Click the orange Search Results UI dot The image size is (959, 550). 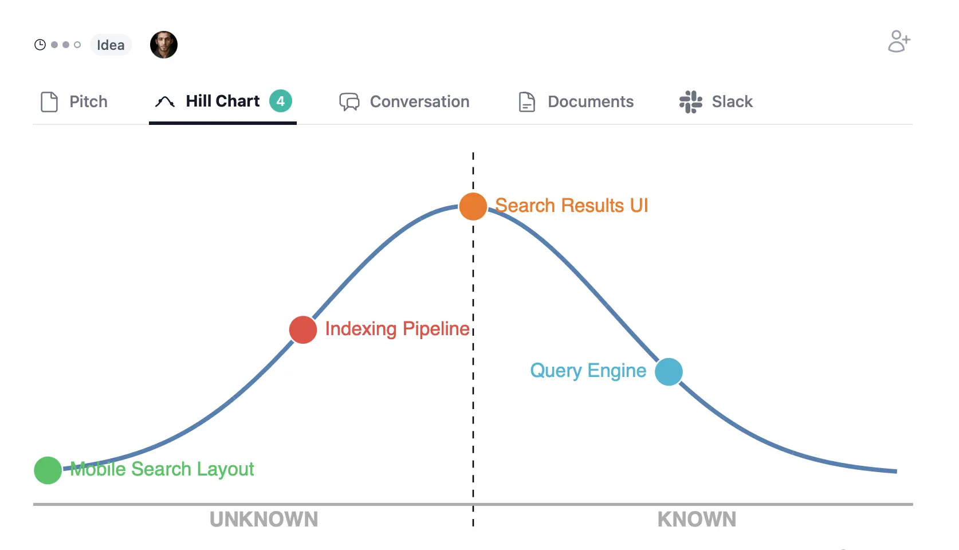(473, 207)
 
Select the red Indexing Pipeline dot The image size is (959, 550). (303, 330)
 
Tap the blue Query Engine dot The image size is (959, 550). (669, 372)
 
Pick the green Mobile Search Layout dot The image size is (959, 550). (48, 470)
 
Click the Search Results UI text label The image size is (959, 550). (571, 206)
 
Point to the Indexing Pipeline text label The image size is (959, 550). (397, 329)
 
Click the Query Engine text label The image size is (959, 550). (588, 371)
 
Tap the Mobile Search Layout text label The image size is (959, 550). (162, 469)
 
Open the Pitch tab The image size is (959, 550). (74, 102)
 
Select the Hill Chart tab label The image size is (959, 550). (222, 101)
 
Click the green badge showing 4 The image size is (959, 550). (281, 101)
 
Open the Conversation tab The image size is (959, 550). (404, 102)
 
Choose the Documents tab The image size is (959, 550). (576, 102)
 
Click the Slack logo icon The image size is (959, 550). (691, 102)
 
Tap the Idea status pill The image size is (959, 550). (111, 45)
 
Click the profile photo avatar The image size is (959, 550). (164, 45)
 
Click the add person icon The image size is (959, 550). (899, 41)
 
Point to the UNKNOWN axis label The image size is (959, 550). (264, 520)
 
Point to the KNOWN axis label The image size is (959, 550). (697, 520)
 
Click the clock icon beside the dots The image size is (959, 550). (40, 45)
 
